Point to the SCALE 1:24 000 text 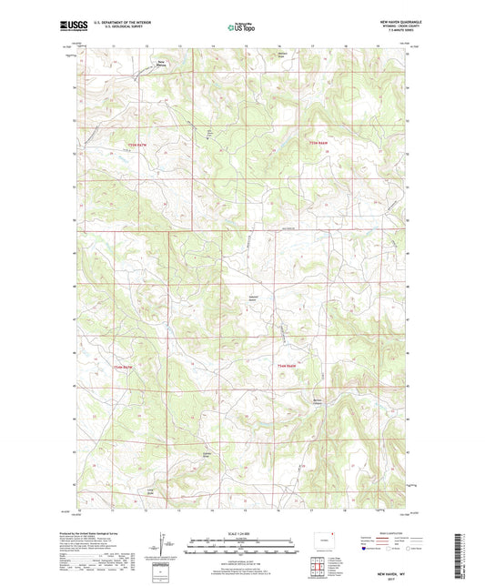coord(242,532)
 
